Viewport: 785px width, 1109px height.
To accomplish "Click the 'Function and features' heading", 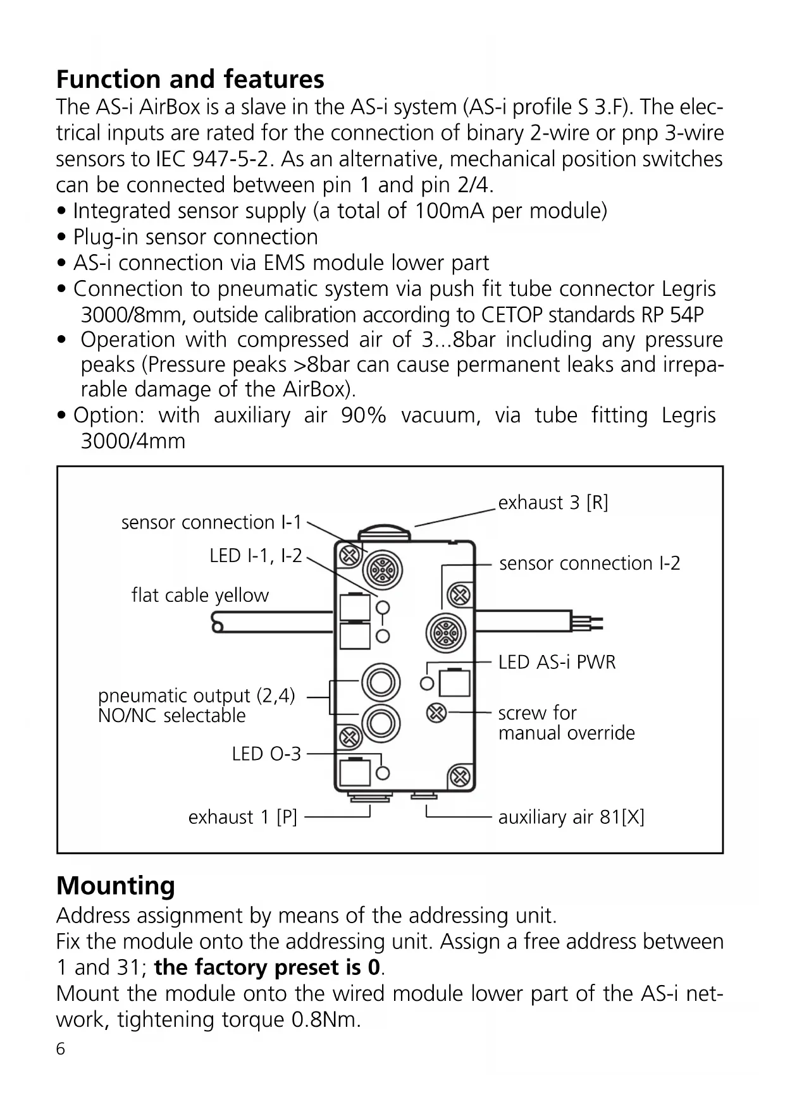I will click(x=190, y=80).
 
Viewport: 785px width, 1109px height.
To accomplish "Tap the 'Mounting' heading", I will click(x=115, y=885).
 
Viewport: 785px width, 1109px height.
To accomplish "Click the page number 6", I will click(x=61, y=1049).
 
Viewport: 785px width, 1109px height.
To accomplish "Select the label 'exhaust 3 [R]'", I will click(x=553, y=503).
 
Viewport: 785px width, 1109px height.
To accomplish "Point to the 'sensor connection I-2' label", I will click(x=590, y=563).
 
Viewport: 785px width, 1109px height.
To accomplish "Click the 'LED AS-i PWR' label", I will click(x=557, y=662).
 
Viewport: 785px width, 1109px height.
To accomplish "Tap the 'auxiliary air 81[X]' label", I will click(x=571, y=817).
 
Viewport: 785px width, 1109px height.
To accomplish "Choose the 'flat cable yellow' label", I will click(x=200, y=595).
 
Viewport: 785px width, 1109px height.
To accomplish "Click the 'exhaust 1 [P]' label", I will click(x=242, y=817).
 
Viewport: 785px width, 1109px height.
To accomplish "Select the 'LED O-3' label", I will click(x=266, y=754).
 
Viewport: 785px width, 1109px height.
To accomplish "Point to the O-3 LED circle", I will click(x=383, y=773).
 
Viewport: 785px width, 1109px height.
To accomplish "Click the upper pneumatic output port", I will click(x=380, y=682).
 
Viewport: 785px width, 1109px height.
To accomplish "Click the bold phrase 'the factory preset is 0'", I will click(x=268, y=967).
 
